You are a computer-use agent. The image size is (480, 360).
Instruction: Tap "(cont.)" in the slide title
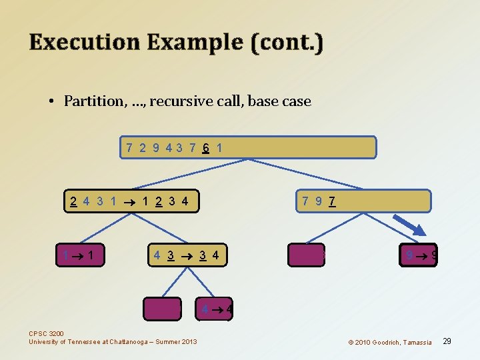(x=287, y=43)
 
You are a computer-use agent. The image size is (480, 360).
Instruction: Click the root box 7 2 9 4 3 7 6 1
(x=248, y=147)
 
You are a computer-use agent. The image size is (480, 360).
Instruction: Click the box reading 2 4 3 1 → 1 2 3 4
(x=131, y=201)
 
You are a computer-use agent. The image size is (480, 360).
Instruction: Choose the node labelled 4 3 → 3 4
(x=187, y=255)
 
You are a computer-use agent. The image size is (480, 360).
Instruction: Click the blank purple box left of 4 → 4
(x=163, y=309)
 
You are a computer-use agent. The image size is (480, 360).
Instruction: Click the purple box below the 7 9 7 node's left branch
(x=307, y=255)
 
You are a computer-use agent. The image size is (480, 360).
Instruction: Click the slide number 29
(x=447, y=341)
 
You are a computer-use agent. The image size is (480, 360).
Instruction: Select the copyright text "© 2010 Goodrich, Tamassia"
(x=389, y=342)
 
